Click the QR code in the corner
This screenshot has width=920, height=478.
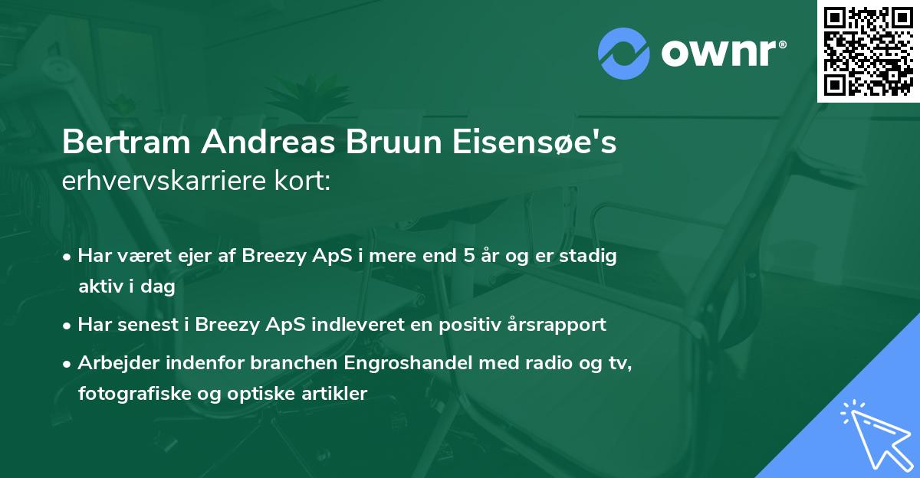pyautogui.click(x=868, y=51)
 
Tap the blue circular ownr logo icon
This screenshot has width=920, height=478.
pyautogui.click(x=624, y=52)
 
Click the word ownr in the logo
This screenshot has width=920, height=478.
pyautogui.click(x=722, y=52)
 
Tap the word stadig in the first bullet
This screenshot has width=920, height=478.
pyautogui.click(x=590, y=256)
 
